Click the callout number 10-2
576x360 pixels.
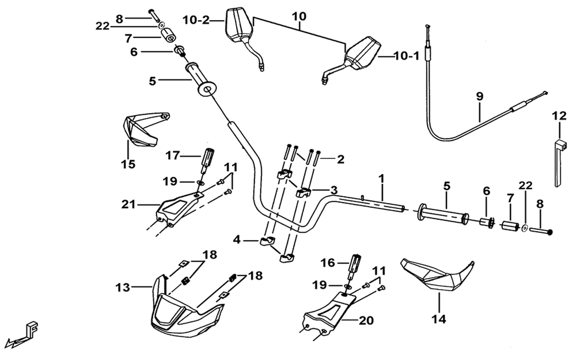[196, 20]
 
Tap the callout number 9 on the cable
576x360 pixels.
[480, 97]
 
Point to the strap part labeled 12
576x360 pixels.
[559, 162]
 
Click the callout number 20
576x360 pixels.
[366, 320]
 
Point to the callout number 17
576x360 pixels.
[173, 156]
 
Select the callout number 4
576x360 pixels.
[237, 240]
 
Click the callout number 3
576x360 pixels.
[334, 190]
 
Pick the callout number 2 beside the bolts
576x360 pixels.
[340, 160]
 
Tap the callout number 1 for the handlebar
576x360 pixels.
[382, 179]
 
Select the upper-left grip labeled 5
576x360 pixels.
[201, 80]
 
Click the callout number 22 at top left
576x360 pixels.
[103, 26]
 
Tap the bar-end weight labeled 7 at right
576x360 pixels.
[510, 225]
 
